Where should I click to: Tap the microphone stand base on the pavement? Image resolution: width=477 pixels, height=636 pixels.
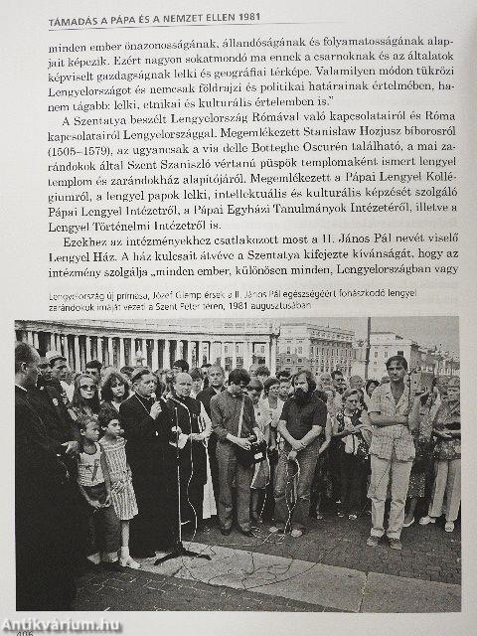click(182, 554)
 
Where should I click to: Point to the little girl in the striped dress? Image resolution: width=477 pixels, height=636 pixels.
click(121, 477)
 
